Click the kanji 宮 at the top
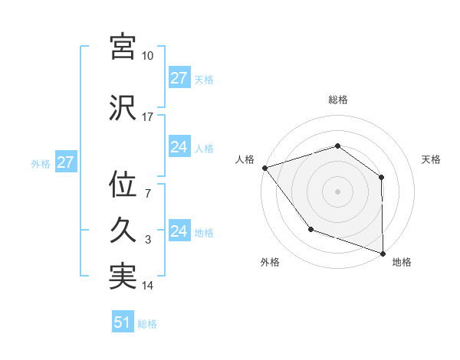123,47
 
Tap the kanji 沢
123,107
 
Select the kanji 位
123,185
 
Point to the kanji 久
123,231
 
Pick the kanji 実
123,277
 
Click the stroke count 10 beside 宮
147,56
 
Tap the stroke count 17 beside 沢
147,117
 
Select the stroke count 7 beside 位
147,194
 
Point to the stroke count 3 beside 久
147,240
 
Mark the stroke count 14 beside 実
147,286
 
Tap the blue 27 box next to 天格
179,78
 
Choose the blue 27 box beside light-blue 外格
65,162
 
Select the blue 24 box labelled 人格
179,147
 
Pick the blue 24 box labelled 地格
179,231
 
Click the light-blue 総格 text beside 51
147,324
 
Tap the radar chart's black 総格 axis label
337,100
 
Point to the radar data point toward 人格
264,167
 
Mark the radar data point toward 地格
383,252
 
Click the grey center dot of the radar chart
337,191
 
